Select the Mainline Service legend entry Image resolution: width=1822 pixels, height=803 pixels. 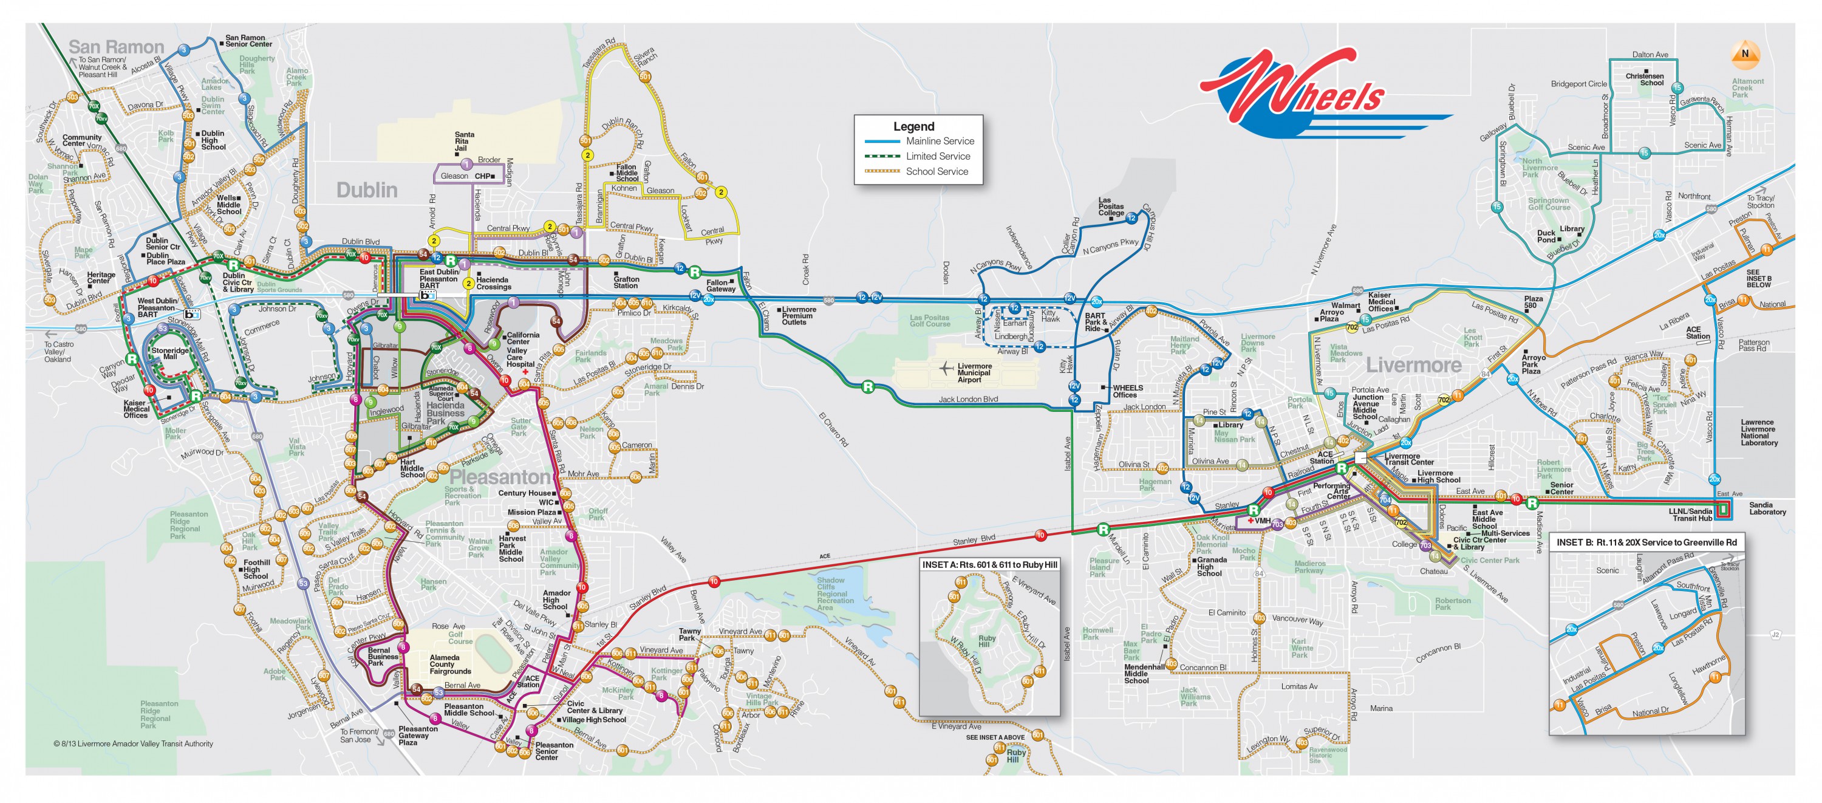[x=940, y=142]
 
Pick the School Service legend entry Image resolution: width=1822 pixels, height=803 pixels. [x=937, y=172]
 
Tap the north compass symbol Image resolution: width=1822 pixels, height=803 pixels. [x=1745, y=54]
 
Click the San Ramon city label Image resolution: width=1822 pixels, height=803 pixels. [x=116, y=47]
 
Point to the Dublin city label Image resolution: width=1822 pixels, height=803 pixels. [x=366, y=190]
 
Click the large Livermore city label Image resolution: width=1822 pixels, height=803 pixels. [x=1413, y=365]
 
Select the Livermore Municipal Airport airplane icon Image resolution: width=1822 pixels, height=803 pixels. [x=946, y=367]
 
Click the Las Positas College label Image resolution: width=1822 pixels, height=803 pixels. [x=1110, y=207]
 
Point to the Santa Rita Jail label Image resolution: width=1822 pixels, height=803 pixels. [x=464, y=141]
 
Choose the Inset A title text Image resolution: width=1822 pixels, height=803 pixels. [x=989, y=564]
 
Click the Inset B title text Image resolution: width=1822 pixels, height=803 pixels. [x=1646, y=542]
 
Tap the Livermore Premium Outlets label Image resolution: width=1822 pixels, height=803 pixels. [x=798, y=315]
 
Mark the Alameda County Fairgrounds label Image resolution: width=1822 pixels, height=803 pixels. [x=450, y=664]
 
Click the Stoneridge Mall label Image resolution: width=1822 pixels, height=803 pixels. [x=170, y=353]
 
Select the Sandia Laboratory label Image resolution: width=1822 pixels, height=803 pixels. [x=1767, y=508]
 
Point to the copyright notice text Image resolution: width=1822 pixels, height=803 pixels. [x=133, y=743]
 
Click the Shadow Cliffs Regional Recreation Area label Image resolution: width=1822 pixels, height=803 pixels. [x=834, y=593]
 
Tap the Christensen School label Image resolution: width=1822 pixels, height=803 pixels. [x=1645, y=79]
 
